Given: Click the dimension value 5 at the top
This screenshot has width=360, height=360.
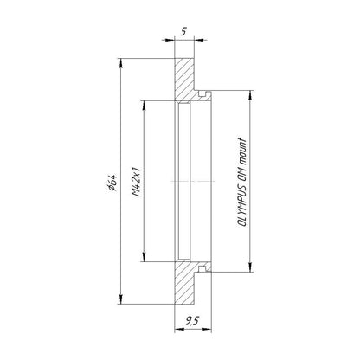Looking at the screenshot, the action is pos(183,31).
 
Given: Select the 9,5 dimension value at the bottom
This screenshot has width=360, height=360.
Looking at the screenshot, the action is pos(193,320).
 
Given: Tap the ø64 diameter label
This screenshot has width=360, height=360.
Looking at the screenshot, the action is pos(112,183).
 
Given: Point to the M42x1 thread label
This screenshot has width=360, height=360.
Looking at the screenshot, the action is pos(136,181).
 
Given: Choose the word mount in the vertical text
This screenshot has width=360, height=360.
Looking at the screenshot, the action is pos(242,152).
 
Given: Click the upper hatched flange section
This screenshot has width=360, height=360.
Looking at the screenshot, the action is pos(183,79).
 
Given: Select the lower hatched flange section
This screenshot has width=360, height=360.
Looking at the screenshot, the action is pos(183,282).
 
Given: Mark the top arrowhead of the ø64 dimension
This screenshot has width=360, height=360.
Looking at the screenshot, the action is pos(121,63).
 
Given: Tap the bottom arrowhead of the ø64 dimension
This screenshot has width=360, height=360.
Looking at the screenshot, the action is pos(121,299).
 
